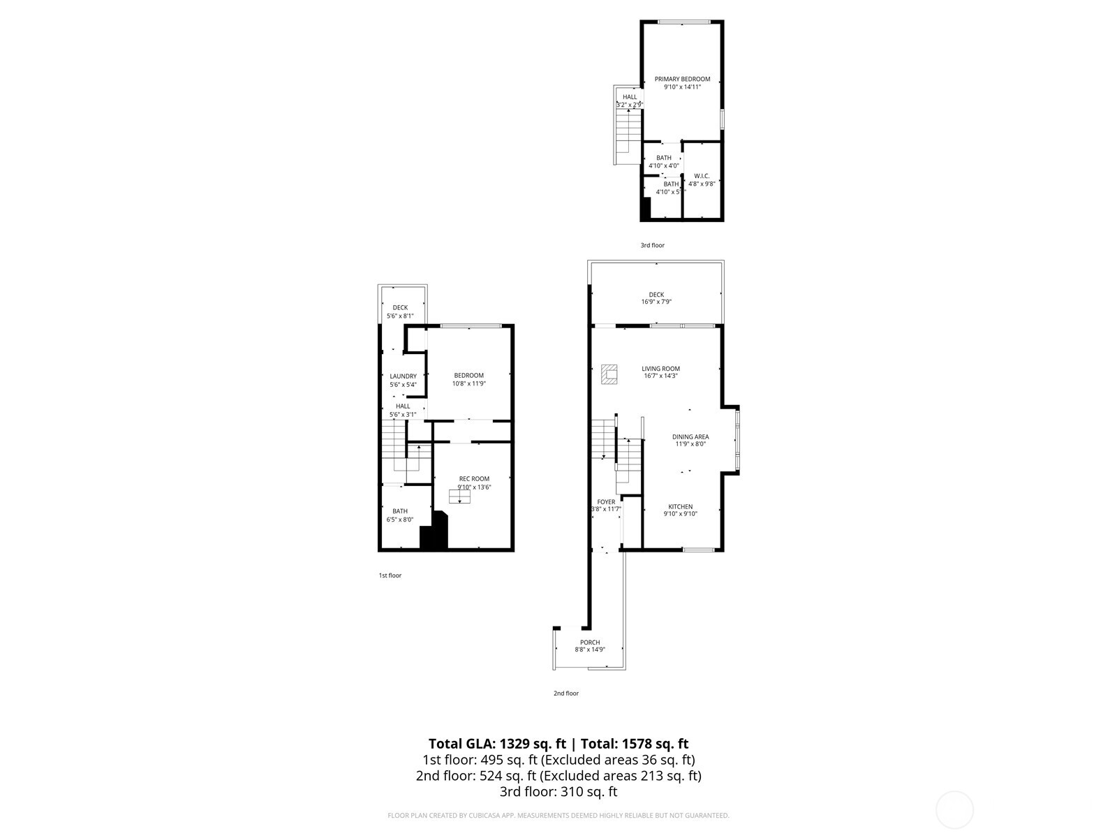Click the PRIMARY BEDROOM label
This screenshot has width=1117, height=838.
point(682,79)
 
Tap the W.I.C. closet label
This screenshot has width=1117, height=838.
point(702,176)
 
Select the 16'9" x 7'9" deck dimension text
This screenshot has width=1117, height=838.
point(656,302)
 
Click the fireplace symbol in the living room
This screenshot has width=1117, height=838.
point(610,374)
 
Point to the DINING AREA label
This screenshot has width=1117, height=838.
point(690,437)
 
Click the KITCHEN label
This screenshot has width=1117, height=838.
point(680,507)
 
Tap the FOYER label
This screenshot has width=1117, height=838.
point(606,502)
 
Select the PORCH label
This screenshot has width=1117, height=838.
point(590,642)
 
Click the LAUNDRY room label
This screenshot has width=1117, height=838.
point(403,376)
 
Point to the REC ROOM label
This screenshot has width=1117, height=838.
point(474,479)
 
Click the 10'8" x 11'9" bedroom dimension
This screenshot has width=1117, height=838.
point(468,383)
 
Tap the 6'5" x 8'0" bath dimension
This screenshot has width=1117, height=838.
point(400,520)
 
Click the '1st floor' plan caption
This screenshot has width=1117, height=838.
point(390,575)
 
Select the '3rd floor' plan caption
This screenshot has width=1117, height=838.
point(653,245)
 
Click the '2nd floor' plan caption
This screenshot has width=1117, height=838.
point(566,693)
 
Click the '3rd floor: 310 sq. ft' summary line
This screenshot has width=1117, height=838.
point(558,792)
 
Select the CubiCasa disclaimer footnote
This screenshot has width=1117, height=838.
point(558,815)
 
